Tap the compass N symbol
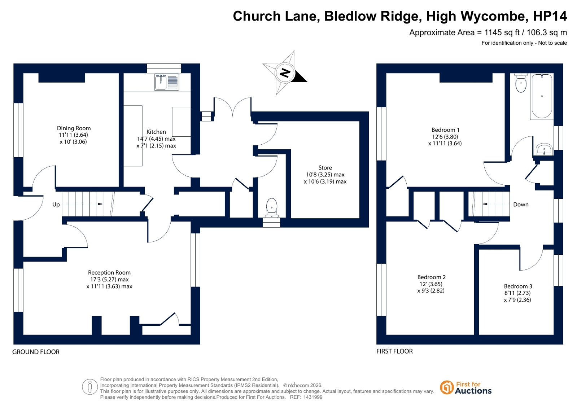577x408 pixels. coord(285,73)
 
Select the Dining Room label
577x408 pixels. coord(74,128)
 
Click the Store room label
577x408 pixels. coord(325,168)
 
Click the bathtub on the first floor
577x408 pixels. coord(542,96)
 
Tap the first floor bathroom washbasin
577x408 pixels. coord(544,149)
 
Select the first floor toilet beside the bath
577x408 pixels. coord(521,83)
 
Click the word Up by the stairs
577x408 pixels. coord(56,205)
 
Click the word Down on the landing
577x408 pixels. coord(521,205)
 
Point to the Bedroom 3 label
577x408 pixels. coord(518,286)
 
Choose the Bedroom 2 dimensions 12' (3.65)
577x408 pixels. coord(431,284)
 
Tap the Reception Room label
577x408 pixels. coord(109,273)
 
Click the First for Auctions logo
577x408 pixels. coord(465,388)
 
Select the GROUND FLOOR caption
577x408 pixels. coord(36,352)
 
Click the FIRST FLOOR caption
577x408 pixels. coord(394,351)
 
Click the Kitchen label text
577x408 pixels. coord(156,132)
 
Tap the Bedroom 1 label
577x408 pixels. coord(445,130)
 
